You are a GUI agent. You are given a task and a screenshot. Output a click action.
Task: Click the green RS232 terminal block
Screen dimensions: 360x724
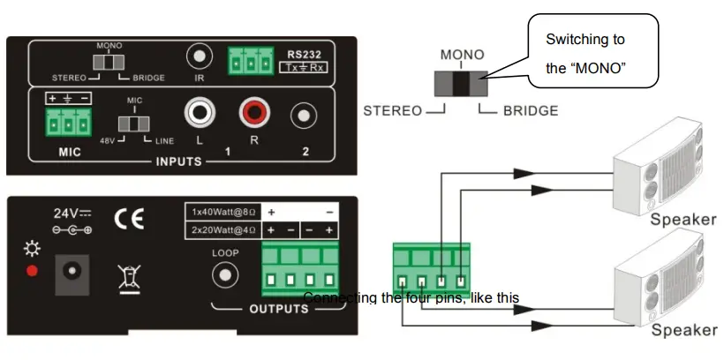247,62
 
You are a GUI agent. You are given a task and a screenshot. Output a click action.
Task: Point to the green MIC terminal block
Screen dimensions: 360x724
69,124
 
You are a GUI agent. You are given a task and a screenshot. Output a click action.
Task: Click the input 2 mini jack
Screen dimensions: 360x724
305,115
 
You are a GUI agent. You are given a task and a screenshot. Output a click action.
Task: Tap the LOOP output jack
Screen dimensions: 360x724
226,274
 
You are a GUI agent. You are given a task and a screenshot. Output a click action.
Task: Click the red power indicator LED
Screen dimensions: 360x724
33,270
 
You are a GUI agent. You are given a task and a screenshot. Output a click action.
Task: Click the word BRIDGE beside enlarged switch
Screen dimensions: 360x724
530,111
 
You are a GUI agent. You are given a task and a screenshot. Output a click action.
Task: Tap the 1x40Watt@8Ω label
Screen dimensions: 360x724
219,213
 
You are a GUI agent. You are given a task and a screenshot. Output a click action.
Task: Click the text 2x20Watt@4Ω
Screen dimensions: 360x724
219,230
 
